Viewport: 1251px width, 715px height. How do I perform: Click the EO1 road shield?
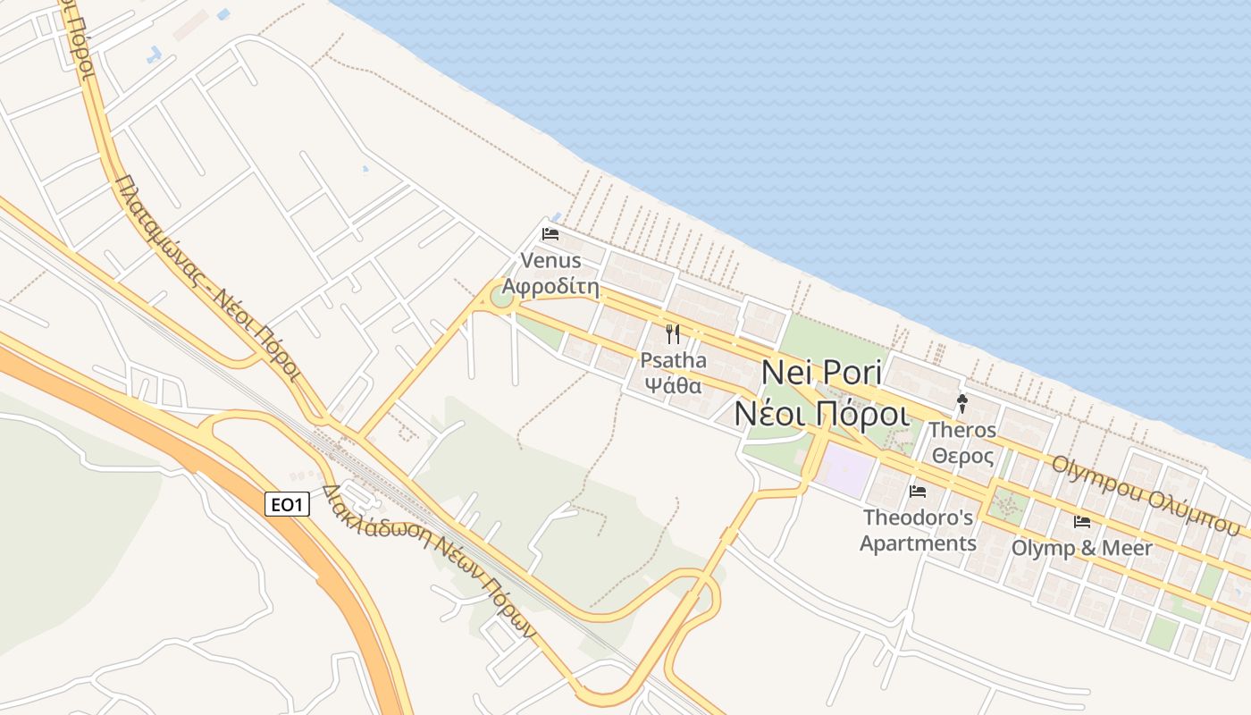click(288, 505)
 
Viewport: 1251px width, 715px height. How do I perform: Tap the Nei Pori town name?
click(821, 374)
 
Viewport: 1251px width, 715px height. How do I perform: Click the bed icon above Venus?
click(550, 235)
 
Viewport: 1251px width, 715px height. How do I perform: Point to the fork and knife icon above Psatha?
click(673, 335)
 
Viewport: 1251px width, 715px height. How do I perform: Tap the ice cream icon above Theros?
click(962, 403)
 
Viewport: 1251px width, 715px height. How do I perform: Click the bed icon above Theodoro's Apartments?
click(918, 491)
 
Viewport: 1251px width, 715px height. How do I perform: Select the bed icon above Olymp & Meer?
click(1082, 522)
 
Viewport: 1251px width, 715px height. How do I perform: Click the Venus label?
click(550, 261)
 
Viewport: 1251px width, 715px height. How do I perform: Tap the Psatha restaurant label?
click(673, 361)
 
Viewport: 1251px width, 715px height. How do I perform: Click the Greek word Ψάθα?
click(673, 386)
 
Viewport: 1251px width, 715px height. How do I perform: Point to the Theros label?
click(962, 430)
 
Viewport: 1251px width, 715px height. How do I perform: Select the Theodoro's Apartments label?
click(918, 530)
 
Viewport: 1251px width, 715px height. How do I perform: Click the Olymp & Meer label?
click(1082, 548)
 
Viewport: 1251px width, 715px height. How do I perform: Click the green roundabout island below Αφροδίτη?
click(502, 296)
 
